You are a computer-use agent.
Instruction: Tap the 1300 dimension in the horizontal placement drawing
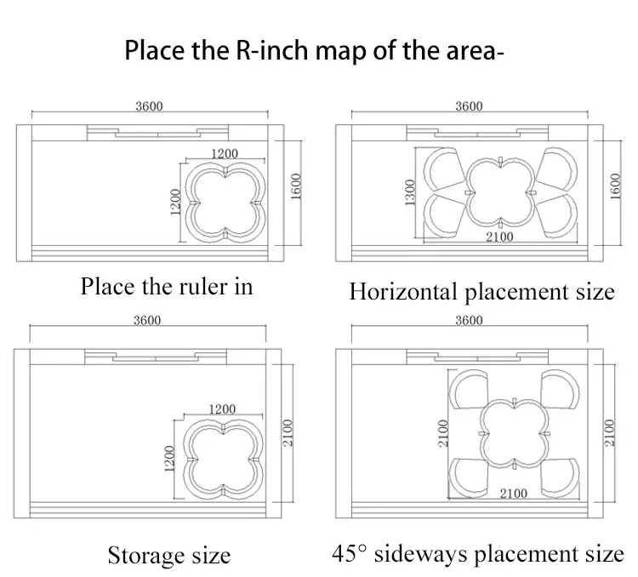pyautogui.click(x=410, y=192)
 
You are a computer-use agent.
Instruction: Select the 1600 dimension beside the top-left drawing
pyautogui.click(x=296, y=186)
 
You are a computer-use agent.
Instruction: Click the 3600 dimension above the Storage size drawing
pyautogui.click(x=147, y=321)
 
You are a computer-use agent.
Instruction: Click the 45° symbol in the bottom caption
pyautogui.click(x=350, y=553)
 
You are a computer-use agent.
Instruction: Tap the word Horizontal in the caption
pyautogui.click(x=403, y=292)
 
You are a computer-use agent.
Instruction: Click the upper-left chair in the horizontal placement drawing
pyautogui.click(x=444, y=169)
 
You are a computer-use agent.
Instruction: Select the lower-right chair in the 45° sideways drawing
pyautogui.click(x=560, y=477)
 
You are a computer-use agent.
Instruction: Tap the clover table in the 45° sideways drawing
pyautogui.click(x=515, y=433)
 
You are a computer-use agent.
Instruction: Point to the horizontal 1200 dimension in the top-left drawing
pyautogui.click(x=225, y=153)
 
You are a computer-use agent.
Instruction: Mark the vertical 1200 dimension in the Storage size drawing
pyautogui.click(x=169, y=459)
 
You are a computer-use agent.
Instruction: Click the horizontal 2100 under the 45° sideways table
pyautogui.click(x=514, y=494)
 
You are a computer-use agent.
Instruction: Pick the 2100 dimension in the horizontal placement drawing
pyautogui.click(x=499, y=237)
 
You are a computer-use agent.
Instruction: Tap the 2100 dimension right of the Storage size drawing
pyautogui.click(x=288, y=433)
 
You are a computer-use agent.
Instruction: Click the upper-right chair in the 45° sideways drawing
pyautogui.click(x=560, y=389)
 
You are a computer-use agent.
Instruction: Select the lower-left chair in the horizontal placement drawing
pyautogui.click(x=444, y=216)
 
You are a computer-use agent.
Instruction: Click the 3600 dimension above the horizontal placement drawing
pyautogui.click(x=469, y=106)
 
